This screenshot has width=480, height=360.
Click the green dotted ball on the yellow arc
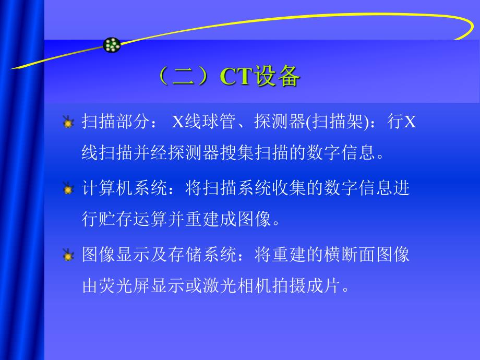tap(112, 45)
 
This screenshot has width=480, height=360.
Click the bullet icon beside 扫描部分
tap(68, 123)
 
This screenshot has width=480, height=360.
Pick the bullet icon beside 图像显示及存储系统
tap(68, 256)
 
